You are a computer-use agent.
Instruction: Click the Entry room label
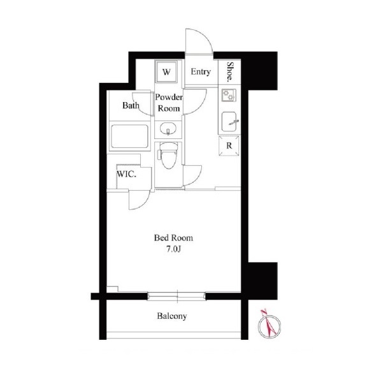pyautogui.click(x=201, y=71)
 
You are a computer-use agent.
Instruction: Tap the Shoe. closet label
pyautogui.click(x=231, y=72)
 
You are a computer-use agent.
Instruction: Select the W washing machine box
pyautogui.click(x=166, y=71)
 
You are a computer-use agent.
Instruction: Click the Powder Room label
pyautogui.click(x=169, y=103)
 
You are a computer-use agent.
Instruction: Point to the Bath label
pyautogui.click(x=131, y=105)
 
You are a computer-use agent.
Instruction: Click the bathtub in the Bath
pyautogui.click(x=130, y=136)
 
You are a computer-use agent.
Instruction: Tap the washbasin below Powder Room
pyautogui.click(x=168, y=129)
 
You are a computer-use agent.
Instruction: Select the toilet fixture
pyautogui.click(x=168, y=155)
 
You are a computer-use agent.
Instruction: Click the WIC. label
pyautogui.click(x=126, y=174)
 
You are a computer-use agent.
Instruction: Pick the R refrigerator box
pyautogui.click(x=229, y=145)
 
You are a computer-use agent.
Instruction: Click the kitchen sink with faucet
pyautogui.click(x=229, y=121)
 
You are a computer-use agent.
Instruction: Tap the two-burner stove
pyautogui.click(x=229, y=95)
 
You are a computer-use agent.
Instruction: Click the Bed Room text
pyautogui.click(x=173, y=238)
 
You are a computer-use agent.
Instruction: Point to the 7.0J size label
pyautogui.click(x=173, y=249)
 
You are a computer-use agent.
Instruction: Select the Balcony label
pyautogui.click(x=172, y=316)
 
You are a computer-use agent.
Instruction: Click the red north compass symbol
pyautogui.click(x=269, y=325)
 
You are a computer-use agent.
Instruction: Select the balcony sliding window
pyautogui.click(x=176, y=297)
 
